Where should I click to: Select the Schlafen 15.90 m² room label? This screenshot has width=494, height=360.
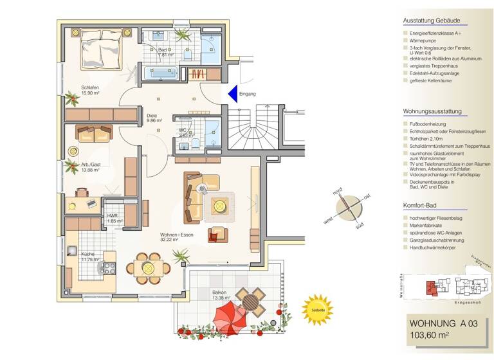click(x=90, y=90)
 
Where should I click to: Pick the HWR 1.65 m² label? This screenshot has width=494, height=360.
click(x=113, y=218)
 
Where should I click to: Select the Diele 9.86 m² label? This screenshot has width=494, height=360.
click(x=153, y=118)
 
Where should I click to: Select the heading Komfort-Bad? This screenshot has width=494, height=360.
click(x=420, y=206)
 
